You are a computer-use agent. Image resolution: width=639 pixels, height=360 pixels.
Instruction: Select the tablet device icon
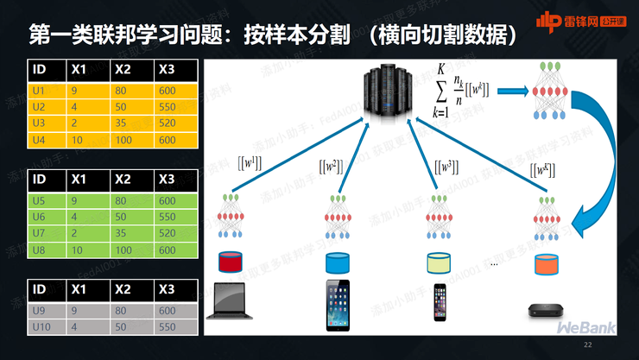click(x=338, y=305)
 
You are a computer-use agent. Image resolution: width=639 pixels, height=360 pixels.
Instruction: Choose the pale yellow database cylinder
click(x=439, y=261)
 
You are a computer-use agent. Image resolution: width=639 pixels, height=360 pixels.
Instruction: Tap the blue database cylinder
click(x=338, y=261)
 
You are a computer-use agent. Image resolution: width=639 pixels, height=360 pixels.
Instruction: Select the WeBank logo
click(x=587, y=329)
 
